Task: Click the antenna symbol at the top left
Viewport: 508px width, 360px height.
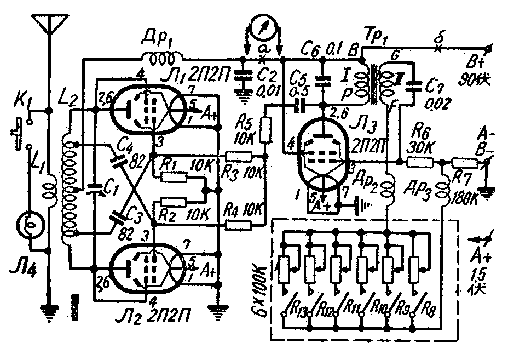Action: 48,25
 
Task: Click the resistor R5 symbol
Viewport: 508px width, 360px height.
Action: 266,130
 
